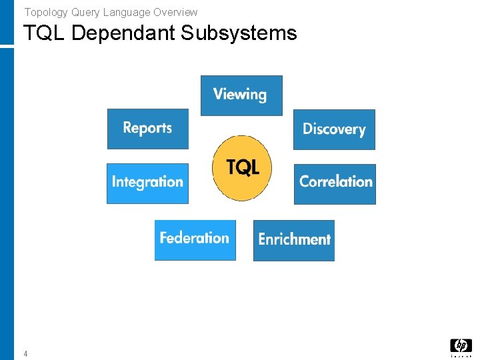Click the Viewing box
pos(241,95)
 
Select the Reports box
pos(148,129)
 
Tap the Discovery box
pos(334,129)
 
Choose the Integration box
pos(147,183)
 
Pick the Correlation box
pos(335,183)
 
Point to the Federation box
pos(195,239)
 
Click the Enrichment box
pos(294,240)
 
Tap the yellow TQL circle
pos(242,168)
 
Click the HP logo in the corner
pos(461,345)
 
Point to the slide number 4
pos(25,354)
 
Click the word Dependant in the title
pos(123,33)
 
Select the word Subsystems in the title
pos(238,33)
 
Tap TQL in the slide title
pos(44,33)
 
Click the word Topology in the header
pos(42,12)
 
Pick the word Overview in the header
pos(175,12)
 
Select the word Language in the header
pos(126,12)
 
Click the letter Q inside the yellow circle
pos(243,167)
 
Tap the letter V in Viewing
pos(218,94)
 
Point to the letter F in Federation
pos(164,238)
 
